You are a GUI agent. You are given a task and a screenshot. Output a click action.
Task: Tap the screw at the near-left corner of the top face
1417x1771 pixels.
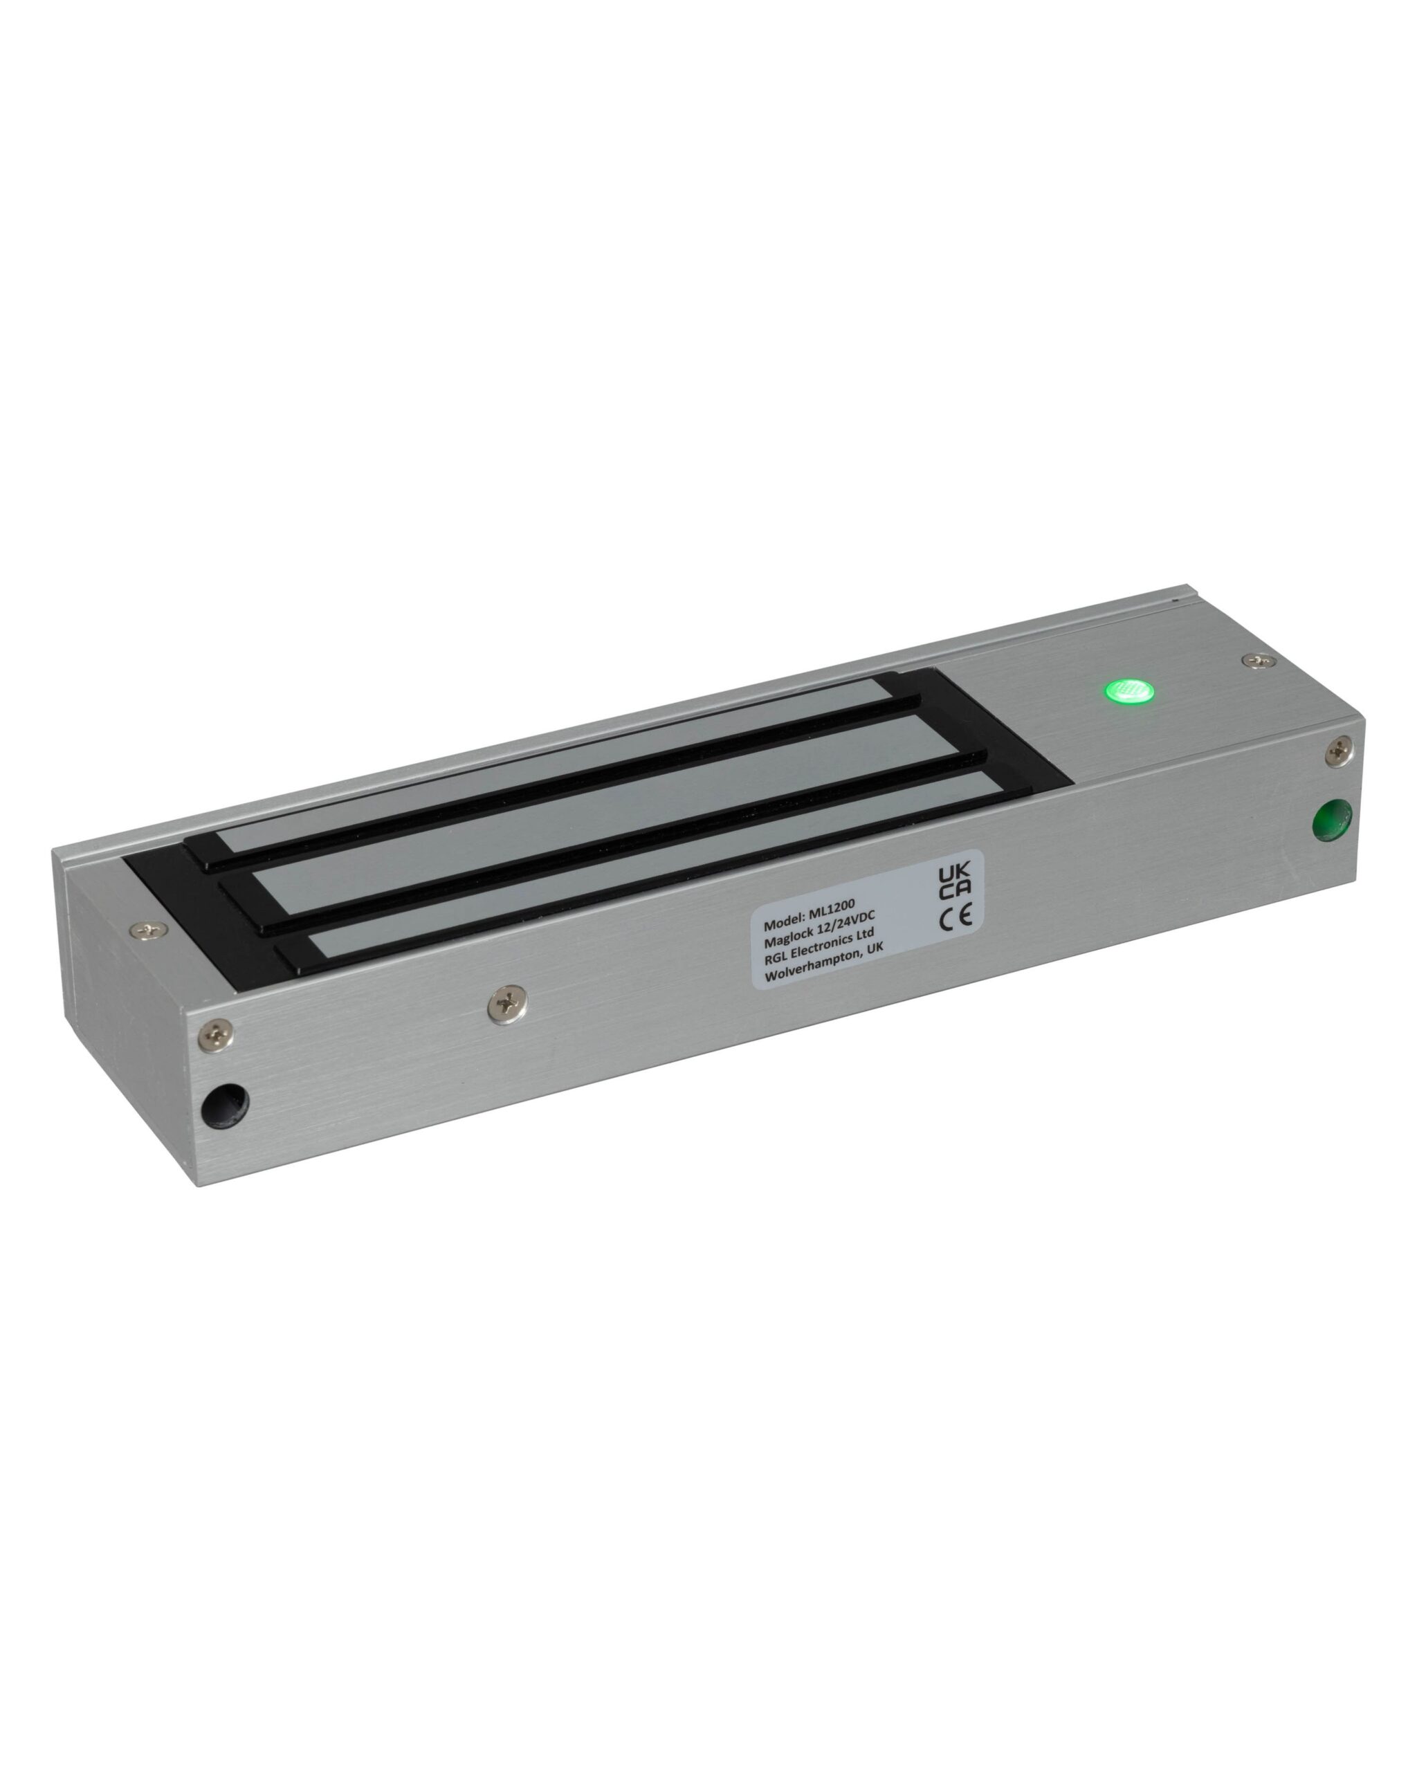[x=149, y=930]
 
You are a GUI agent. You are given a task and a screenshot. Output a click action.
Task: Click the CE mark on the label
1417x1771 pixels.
[x=956, y=917]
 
